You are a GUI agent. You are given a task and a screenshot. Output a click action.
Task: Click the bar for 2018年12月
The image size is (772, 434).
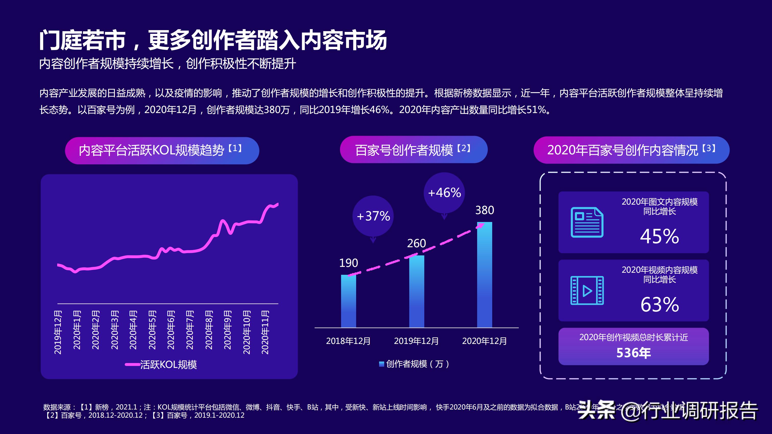coord(348,301)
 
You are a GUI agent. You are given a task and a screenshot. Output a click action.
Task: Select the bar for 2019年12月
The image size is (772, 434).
coord(417,291)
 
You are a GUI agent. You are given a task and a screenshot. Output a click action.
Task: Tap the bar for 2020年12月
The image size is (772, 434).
coord(484,274)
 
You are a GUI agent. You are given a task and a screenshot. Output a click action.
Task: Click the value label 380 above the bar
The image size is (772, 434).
coord(485,210)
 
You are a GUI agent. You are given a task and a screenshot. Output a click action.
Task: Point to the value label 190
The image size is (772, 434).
coord(348,263)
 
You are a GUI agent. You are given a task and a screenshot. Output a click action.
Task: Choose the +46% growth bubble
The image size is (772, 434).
coord(444,193)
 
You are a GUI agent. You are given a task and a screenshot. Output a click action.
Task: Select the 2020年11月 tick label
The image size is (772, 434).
coord(265,332)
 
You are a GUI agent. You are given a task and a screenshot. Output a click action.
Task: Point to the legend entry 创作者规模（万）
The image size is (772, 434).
coord(414,364)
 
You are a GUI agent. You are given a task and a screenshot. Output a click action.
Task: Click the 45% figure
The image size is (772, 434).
coord(659,236)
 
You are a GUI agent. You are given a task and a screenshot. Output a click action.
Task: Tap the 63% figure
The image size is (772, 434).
coord(659,304)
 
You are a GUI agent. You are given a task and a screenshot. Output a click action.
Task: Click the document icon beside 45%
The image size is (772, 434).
coord(587,222)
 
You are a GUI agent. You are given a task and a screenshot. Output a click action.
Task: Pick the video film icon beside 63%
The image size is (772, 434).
coord(587,290)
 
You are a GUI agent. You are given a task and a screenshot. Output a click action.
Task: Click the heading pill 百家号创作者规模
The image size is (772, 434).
coord(413,150)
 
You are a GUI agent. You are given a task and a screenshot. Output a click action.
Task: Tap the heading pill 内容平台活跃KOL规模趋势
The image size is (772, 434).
coord(162,150)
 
